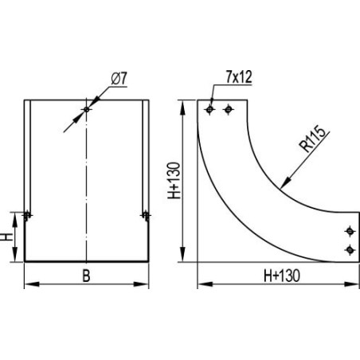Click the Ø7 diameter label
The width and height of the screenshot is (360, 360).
(119, 79)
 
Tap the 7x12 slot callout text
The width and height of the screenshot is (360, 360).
(239, 77)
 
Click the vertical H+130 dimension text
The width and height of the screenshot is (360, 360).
(174, 181)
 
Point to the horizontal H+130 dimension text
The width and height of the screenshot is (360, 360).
(282, 276)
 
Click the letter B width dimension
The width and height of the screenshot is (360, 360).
(86, 276)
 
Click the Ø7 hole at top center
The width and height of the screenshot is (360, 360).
(86, 109)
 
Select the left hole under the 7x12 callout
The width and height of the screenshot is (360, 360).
(209, 109)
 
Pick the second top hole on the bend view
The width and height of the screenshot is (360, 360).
(228, 109)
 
